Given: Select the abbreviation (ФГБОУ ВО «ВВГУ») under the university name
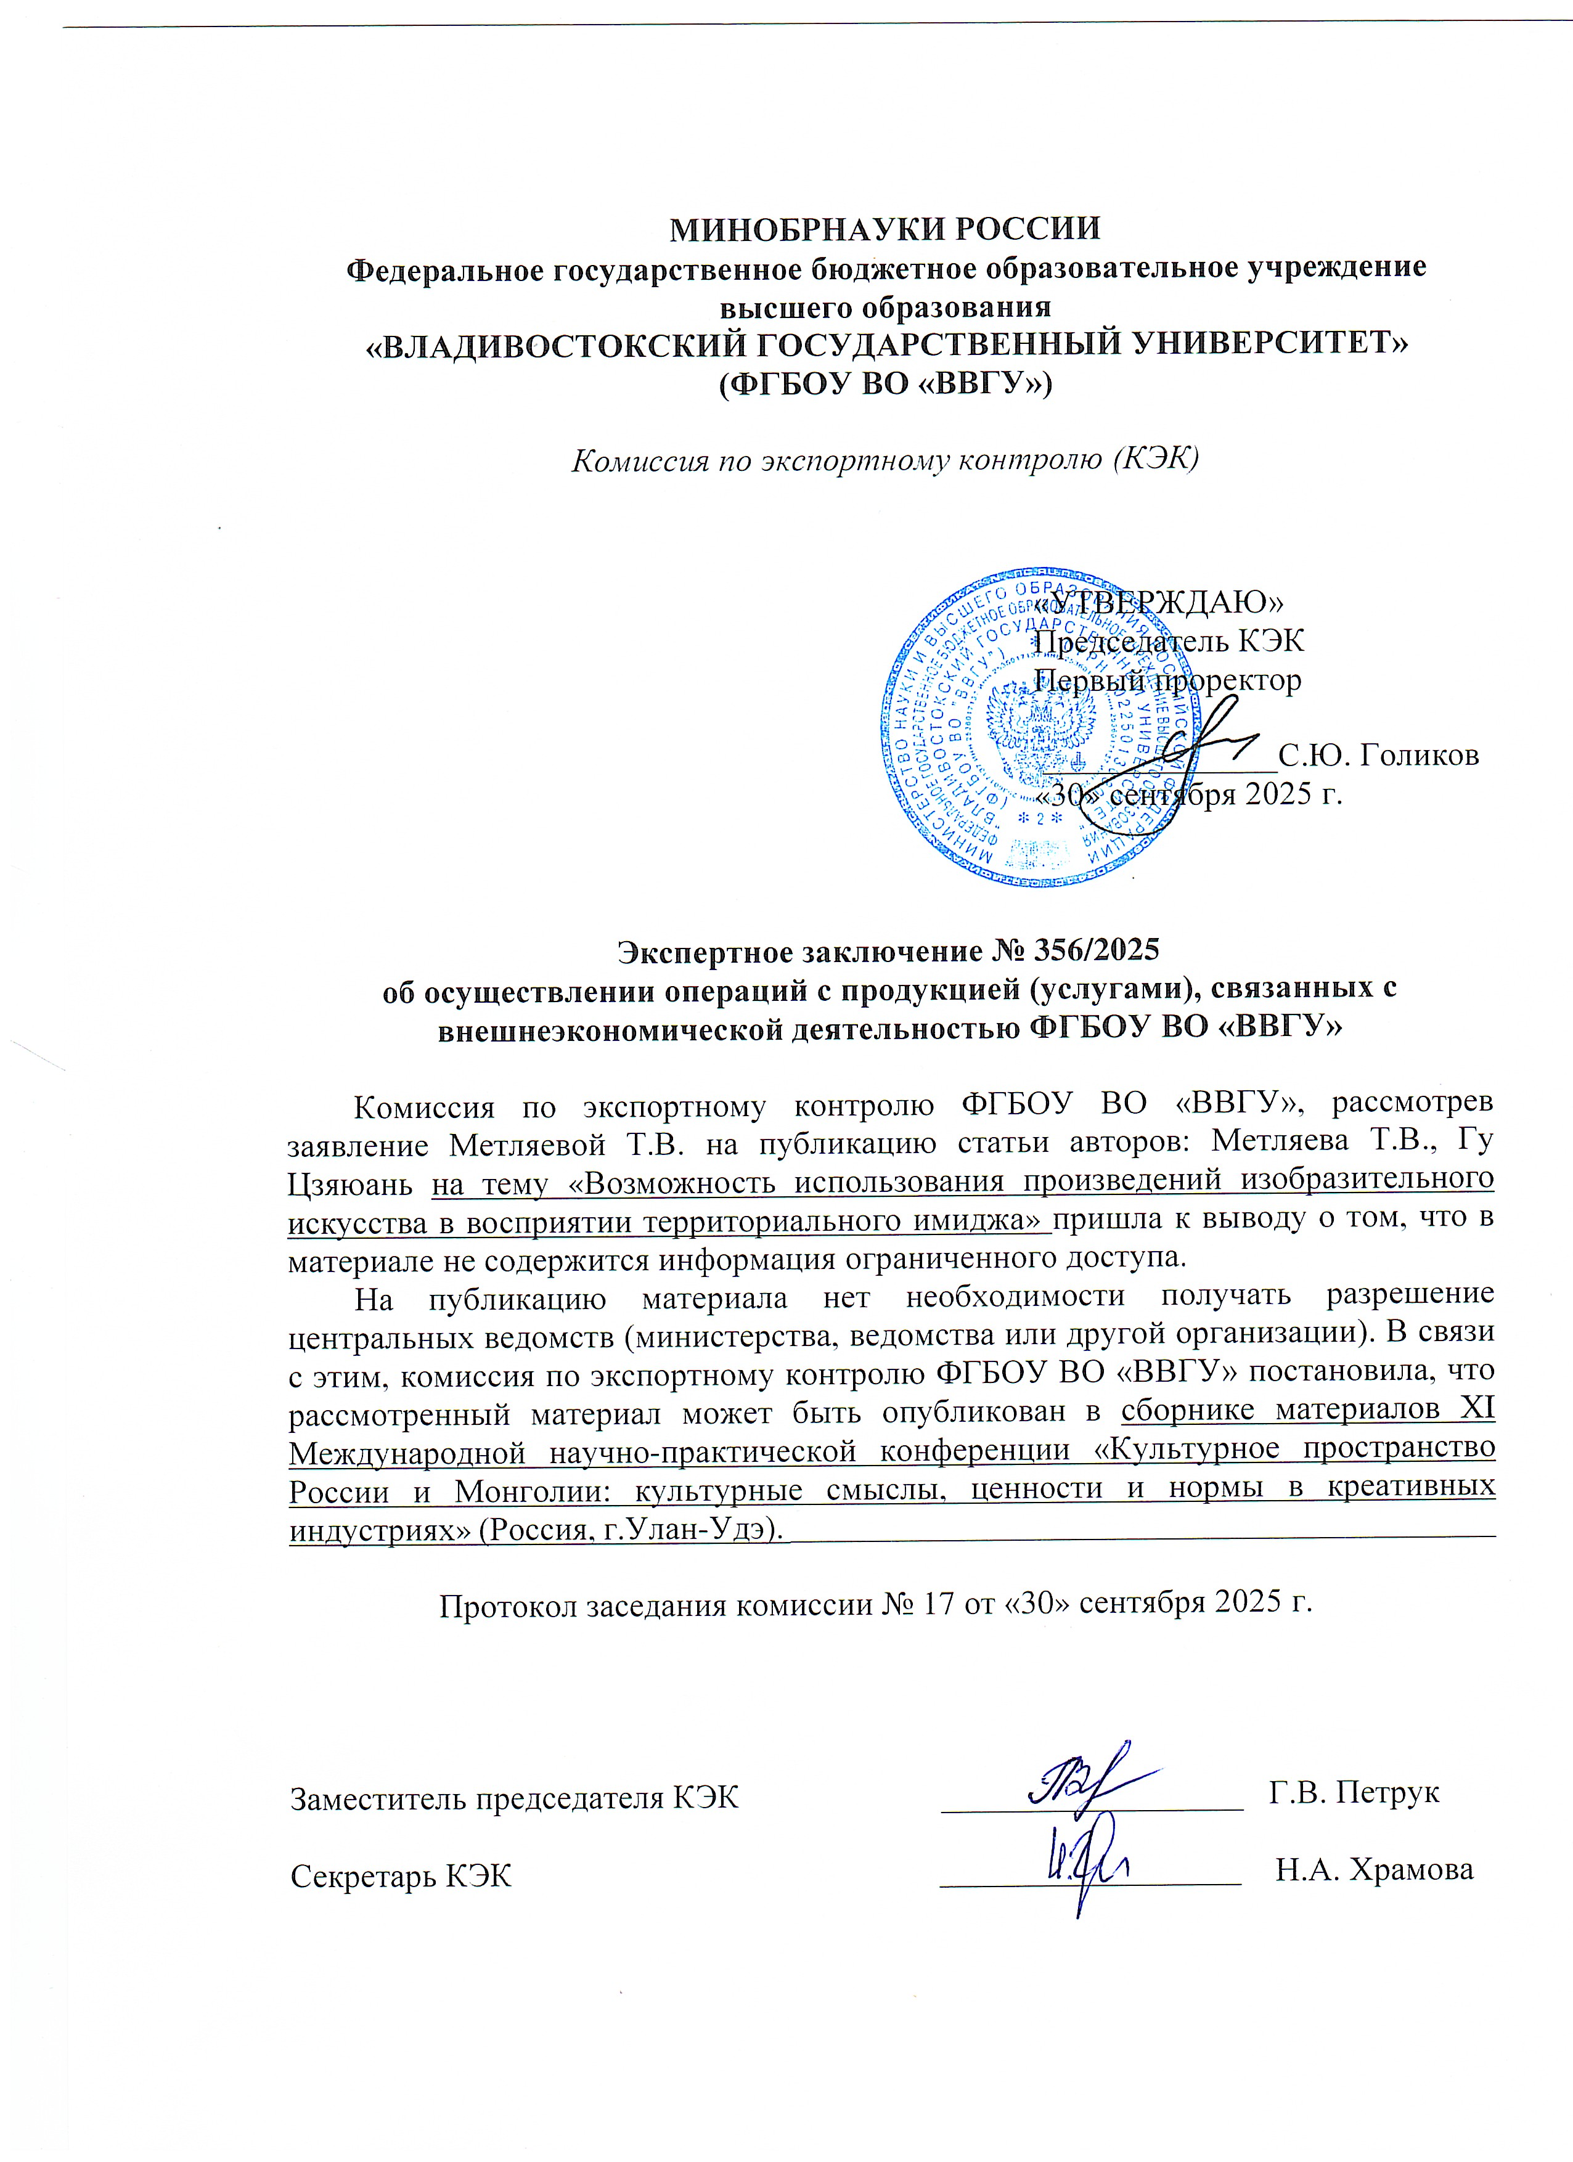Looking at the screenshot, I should [884, 383].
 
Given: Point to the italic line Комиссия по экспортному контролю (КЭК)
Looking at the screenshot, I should [884, 460].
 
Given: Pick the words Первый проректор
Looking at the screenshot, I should [1168, 680].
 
